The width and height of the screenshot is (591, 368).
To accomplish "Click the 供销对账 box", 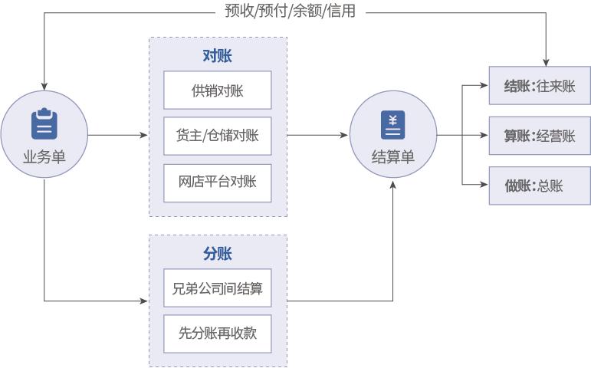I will (x=218, y=90).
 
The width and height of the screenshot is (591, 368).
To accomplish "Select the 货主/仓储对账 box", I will (x=218, y=136).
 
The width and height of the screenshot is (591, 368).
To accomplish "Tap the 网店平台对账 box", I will (x=218, y=182).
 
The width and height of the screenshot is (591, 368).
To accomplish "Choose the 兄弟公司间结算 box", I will (x=218, y=288).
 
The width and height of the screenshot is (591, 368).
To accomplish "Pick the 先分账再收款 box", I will (x=218, y=333).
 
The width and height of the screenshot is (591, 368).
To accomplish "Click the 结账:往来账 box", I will (x=540, y=87).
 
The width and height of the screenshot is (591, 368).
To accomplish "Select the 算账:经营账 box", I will (x=540, y=136).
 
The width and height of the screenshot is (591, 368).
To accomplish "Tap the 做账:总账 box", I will (x=540, y=185).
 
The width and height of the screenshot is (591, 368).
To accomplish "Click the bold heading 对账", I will (x=218, y=56).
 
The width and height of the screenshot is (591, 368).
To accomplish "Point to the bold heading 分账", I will (x=218, y=254).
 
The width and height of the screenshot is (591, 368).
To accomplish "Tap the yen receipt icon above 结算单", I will (x=392, y=124).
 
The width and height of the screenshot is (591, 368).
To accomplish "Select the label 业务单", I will (x=44, y=157).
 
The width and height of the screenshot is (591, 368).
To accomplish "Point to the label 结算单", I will (x=392, y=157).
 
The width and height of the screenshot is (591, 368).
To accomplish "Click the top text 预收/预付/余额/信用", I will (x=291, y=11).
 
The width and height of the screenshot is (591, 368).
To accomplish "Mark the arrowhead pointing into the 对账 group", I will (x=145, y=136).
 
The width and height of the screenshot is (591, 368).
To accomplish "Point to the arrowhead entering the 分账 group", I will (x=145, y=301).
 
